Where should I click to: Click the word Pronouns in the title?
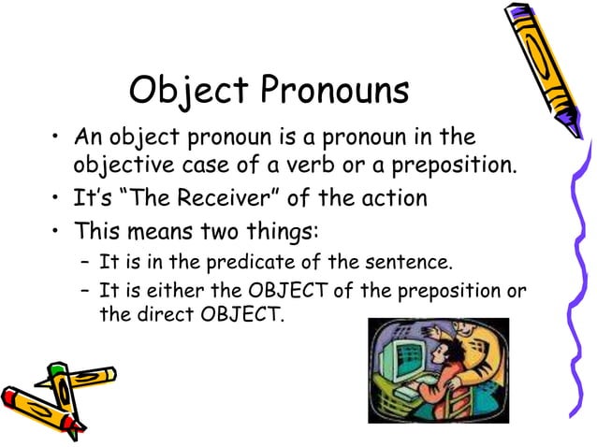point(334,91)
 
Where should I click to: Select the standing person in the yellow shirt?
point(477,355)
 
